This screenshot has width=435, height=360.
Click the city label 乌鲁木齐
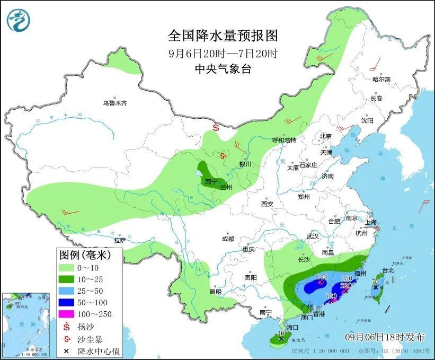(115, 103)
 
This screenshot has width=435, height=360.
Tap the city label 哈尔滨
(381, 79)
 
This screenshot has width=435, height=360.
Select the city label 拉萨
(120, 240)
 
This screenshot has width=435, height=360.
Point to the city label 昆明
(215, 291)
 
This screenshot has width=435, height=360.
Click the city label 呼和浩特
(283, 140)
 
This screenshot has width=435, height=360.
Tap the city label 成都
(228, 239)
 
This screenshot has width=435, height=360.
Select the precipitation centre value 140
(321, 277)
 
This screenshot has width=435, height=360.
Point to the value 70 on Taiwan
(375, 282)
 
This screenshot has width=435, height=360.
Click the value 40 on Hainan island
(281, 333)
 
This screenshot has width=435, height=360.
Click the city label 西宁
(211, 182)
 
